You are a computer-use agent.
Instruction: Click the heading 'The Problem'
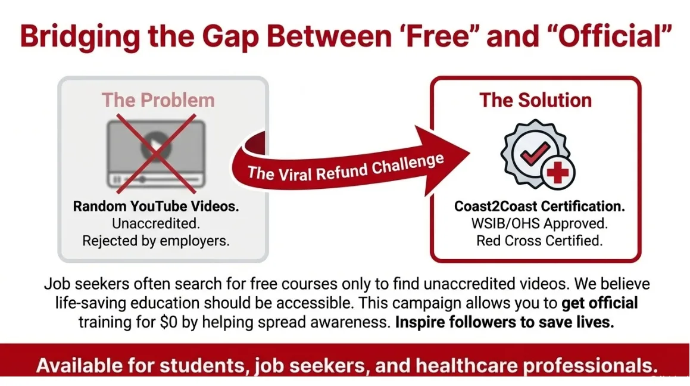tap(158, 99)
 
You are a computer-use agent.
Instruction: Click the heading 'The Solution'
tap(535, 99)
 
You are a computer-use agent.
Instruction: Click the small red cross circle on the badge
tap(557, 173)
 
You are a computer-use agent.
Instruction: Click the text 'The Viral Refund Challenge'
tap(345, 166)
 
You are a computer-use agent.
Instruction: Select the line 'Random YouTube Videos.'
tap(156, 206)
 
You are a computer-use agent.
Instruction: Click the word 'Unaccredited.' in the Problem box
tap(156, 223)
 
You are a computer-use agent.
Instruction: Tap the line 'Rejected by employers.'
tap(156, 241)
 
